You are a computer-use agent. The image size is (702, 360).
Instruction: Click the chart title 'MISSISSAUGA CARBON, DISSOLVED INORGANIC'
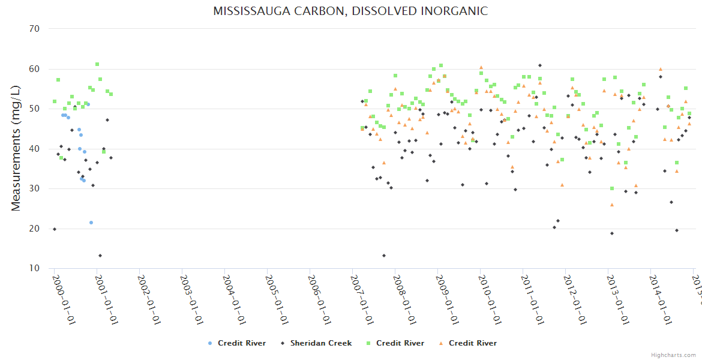point(350,11)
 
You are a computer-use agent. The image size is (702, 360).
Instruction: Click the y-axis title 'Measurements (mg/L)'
point(16,148)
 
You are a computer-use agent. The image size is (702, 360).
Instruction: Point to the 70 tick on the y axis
point(34,29)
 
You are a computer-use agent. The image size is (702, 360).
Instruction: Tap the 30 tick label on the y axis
point(34,188)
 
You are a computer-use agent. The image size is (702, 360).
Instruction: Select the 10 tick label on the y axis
point(34,268)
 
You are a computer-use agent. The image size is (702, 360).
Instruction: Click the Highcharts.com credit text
point(673,355)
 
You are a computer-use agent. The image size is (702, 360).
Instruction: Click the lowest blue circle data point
point(91,223)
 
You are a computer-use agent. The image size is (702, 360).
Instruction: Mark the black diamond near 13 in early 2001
point(100,256)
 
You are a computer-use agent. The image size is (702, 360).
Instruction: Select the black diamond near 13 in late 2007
point(384,256)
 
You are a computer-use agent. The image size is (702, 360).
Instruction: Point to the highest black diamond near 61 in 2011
point(540,65)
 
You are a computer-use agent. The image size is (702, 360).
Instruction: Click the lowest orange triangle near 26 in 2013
point(612,205)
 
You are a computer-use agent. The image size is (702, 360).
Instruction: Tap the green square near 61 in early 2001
point(97,64)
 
